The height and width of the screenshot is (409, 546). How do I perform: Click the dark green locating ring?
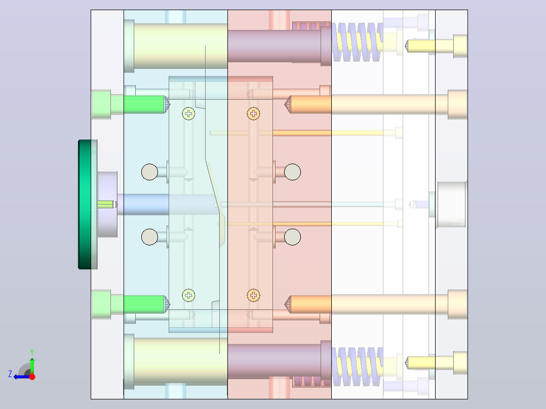tap(85, 204)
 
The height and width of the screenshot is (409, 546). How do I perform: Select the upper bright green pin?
tap(144, 104)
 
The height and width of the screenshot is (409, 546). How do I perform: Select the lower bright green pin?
tap(144, 304)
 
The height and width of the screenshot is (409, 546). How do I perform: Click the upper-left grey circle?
tap(150, 172)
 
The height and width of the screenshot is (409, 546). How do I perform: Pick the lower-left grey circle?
tap(150, 237)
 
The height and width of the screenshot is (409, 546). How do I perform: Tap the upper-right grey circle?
tap(293, 172)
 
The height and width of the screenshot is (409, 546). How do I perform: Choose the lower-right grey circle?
tap(293, 237)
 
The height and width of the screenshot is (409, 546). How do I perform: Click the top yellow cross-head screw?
tap(189, 113)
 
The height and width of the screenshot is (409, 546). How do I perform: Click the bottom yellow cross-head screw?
tap(189, 296)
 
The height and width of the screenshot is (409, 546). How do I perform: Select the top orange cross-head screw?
tap(253, 113)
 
